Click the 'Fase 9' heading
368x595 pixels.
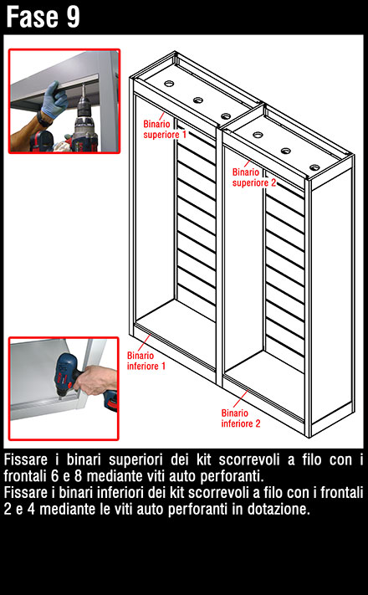click(x=43, y=17)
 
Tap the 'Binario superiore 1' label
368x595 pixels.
click(x=165, y=130)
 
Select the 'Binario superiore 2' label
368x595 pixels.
click(x=253, y=177)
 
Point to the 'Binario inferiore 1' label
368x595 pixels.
click(x=146, y=361)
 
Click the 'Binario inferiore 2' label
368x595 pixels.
click(x=241, y=418)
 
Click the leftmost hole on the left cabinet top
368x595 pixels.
click(x=169, y=84)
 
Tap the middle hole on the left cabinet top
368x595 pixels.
click(x=198, y=100)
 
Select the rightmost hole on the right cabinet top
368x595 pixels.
click(x=314, y=167)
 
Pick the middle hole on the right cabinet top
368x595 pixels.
click(x=286, y=151)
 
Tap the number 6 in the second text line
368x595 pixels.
click(x=54, y=476)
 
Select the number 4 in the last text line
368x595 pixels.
click(x=31, y=509)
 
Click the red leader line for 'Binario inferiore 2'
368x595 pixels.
click(x=241, y=398)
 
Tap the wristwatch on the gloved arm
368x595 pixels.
click(x=43, y=120)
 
